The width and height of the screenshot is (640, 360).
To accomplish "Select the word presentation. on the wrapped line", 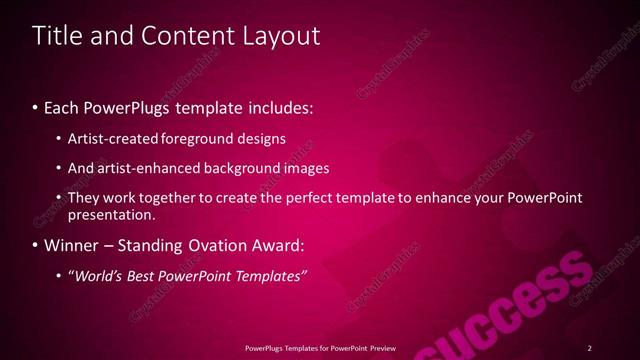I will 112,214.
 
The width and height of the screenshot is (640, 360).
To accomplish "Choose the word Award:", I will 274,245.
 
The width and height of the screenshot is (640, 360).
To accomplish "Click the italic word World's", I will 97,275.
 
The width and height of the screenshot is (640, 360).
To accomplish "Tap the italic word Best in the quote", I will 141,275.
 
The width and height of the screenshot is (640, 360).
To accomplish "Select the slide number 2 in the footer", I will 590,348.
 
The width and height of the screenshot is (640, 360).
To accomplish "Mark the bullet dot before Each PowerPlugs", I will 36,106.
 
